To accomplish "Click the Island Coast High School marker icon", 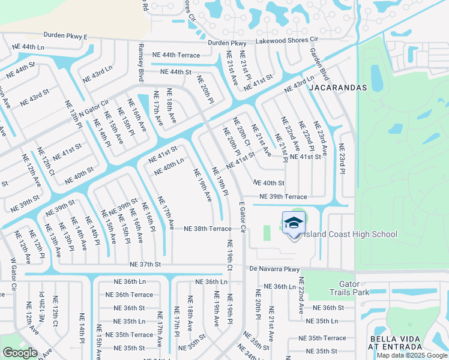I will coord(293,223).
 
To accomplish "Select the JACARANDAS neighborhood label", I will coord(337,87).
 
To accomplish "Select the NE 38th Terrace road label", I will coord(207,229).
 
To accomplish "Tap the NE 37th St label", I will coord(145,264).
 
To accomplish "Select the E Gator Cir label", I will coord(243,217).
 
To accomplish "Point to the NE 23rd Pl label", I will coord(342,158).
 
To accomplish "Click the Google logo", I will coord(20,353).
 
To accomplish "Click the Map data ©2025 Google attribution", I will coord(411,355).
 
